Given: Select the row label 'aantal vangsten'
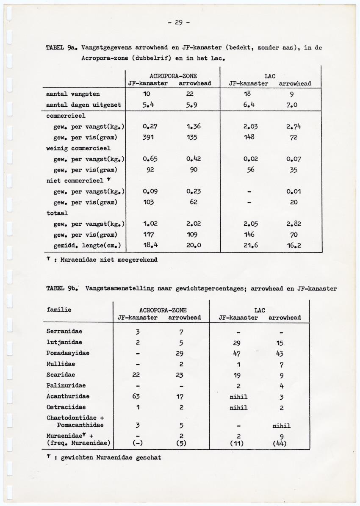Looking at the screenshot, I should coord(73,94).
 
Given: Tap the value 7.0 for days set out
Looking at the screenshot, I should coord(294,105).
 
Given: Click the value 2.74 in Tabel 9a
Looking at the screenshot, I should coord(294,126).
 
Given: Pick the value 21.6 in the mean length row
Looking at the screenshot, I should coord(249,245).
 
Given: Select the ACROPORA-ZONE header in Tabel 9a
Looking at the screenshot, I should coord(169,77).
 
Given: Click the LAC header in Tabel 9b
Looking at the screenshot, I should coord(260,310).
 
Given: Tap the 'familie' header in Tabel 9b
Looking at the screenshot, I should coord(59,310).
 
